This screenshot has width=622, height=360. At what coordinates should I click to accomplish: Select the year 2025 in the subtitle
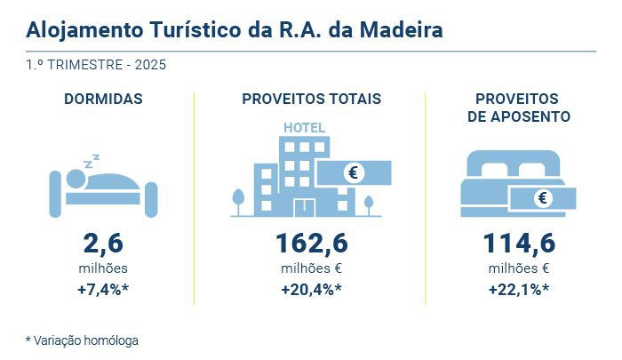click(x=148, y=65)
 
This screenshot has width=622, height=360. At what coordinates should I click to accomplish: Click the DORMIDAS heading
click(x=103, y=99)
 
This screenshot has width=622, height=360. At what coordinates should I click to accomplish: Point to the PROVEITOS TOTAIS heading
click(x=311, y=99)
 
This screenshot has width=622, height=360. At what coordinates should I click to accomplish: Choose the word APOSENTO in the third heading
click(x=518, y=116)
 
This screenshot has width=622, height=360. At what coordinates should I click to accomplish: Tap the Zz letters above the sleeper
click(x=91, y=162)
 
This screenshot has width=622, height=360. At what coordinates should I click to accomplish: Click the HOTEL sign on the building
click(x=304, y=127)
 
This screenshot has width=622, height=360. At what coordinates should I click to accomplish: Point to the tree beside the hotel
click(x=238, y=200)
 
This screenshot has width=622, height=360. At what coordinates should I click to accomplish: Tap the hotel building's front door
click(x=304, y=206)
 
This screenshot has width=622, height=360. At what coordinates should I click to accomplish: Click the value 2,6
click(x=103, y=244)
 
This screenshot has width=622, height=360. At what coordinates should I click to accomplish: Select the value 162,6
click(x=311, y=244)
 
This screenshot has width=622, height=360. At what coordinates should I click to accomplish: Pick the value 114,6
click(x=518, y=244)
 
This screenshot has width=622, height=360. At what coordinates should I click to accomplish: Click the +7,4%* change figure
click(x=103, y=289)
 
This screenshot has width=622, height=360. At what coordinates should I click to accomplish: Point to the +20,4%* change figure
click(x=311, y=289)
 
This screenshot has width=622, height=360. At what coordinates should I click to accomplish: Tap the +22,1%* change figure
click(x=518, y=289)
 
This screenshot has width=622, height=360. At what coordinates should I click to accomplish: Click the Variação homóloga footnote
click(x=82, y=340)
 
